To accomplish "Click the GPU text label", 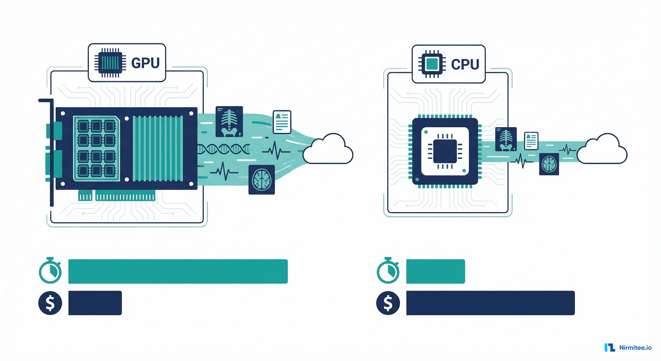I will [x=145, y=63].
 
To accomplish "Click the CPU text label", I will [x=465, y=64].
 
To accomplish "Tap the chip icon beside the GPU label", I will [x=110, y=63].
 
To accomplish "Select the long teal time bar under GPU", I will [x=178, y=271].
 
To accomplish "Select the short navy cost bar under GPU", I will [x=95, y=303].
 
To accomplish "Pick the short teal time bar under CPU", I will [x=435, y=271].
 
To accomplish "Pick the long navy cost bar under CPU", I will [x=490, y=303].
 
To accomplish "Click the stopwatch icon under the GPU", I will [x=50, y=271].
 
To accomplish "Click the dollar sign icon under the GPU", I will [x=50, y=303].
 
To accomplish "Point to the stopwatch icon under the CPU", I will [x=388, y=271].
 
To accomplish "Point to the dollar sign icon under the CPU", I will [x=388, y=303].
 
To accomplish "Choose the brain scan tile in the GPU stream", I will [x=261, y=180].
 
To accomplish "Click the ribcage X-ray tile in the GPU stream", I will [x=229, y=122].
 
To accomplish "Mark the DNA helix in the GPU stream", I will [x=223, y=149].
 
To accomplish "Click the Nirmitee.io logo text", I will [x=635, y=348].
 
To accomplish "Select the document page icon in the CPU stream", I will [x=531, y=141].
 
